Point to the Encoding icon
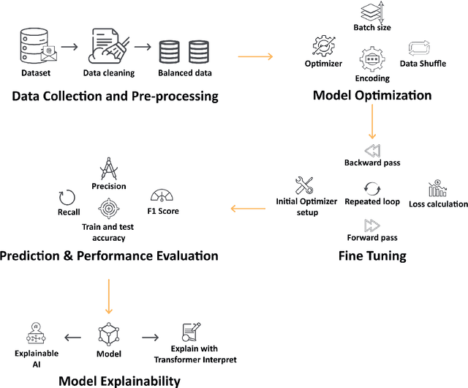click(x=371, y=59)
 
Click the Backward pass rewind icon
click(x=373, y=150)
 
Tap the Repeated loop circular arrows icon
click(x=372, y=187)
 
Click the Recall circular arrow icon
click(x=67, y=198)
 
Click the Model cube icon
click(x=108, y=335)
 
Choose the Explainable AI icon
click(x=34, y=335)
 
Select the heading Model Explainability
click(x=118, y=380)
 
